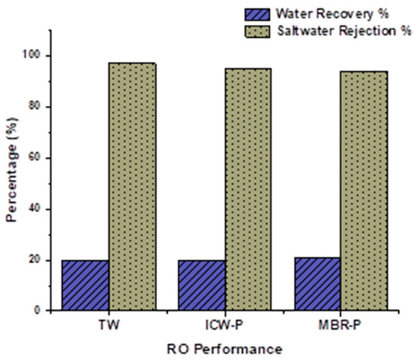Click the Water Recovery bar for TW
[85, 285]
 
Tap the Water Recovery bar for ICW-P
[202, 285]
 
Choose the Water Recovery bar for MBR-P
[318, 284]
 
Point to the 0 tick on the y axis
[39, 311]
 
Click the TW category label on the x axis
[109, 325]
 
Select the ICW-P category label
[225, 325]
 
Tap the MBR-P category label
[341, 325]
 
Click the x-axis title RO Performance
[225, 349]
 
